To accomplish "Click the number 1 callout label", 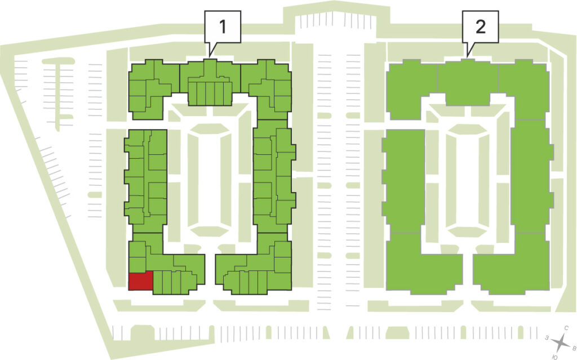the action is coord(222,26).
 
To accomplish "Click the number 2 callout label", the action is coord(480,26).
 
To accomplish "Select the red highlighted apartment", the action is coord(140,281).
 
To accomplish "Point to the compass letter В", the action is coord(573,347).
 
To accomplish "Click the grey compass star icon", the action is coord(561,343).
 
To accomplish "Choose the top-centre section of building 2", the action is coord(468,82).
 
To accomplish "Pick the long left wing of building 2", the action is coord(403,181).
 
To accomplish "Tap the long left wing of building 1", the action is coord(146,181).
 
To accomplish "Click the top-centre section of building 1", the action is coord(210,82).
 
